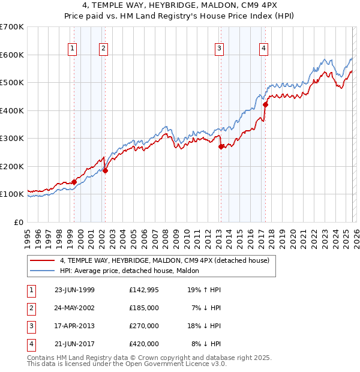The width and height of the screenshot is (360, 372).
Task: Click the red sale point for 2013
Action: [x=221, y=146]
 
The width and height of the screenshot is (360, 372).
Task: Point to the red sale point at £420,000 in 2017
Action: [x=265, y=105]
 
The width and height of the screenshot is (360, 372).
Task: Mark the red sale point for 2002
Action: [x=105, y=170]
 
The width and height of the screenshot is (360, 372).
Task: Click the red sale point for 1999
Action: [x=74, y=182]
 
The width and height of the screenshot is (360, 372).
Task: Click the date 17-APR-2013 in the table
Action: [x=74, y=326]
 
